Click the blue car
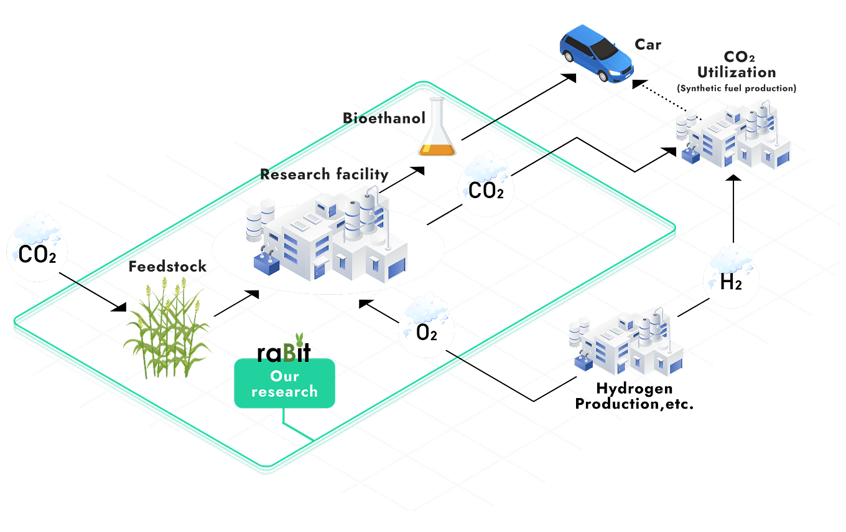[596, 54]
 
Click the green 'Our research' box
[284, 384]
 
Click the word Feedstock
[167, 267]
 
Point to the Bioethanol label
[384, 118]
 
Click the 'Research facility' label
[324, 174]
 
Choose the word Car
[648, 44]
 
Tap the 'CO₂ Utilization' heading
[737, 65]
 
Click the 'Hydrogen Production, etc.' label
[634, 396]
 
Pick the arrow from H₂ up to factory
[733, 208]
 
